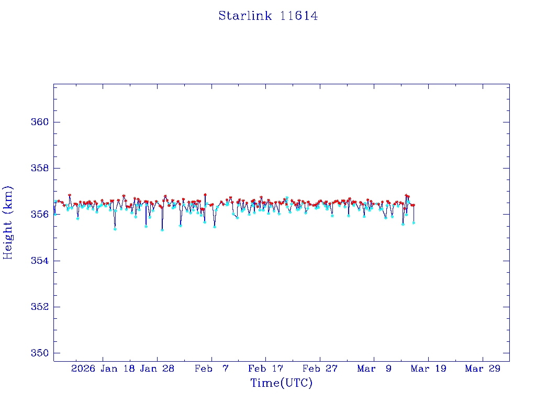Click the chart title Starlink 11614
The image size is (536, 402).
pyautogui.click(x=268, y=16)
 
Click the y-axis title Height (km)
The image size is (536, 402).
pyautogui.click(x=8, y=222)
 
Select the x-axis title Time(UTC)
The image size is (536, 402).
pyautogui.click(x=281, y=383)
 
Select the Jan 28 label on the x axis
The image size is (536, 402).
pyautogui.click(x=158, y=368)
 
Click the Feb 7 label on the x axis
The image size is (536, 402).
pyautogui.click(x=211, y=368)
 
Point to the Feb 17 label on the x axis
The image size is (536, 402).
pyautogui.click(x=266, y=368)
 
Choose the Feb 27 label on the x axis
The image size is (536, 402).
pyautogui.click(x=320, y=368)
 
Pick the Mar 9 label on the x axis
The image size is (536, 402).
pyautogui.click(x=374, y=368)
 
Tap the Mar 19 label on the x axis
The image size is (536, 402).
pyautogui.click(x=429, y=368)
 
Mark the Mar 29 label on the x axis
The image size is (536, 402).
pyautogui.click(x=483, y=368)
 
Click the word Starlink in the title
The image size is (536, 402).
pyautogui.click(x=245, y=16)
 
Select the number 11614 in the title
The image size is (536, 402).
pyautogui.click(x=299, y=16)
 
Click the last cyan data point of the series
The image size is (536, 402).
pyautogui.click(x=414, y=222)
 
